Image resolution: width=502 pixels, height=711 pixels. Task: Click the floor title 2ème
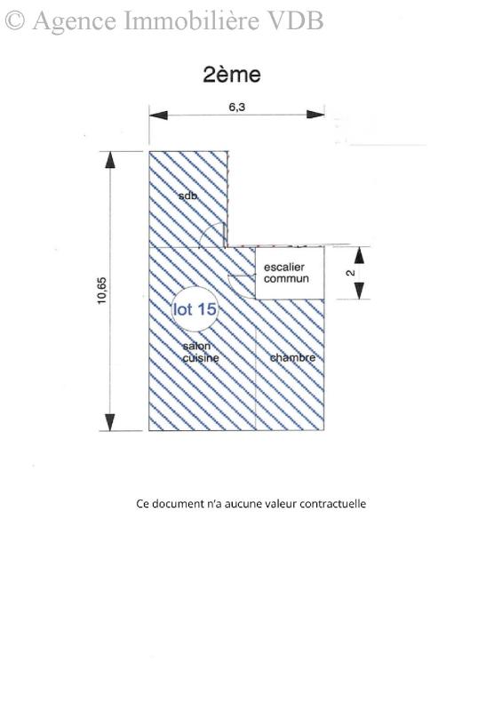[232, 75]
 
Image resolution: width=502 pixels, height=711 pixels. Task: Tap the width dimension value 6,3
[236, 108]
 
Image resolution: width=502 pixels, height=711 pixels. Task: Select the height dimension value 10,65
[102, 291]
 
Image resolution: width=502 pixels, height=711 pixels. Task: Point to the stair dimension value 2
[350, 273]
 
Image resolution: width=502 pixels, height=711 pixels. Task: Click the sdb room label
[187, 196]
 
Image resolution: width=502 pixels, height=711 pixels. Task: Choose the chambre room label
[292, 358]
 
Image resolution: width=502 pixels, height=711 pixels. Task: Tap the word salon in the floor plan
[197, 347]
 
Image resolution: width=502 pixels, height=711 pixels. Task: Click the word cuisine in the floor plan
[201, 358]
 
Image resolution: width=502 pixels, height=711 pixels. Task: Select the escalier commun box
[290, 273]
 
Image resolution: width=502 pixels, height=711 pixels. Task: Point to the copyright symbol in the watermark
[14, 20]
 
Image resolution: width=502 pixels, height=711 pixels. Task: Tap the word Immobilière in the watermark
[192, 20]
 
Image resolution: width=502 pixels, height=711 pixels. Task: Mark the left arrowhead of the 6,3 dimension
[158, 116]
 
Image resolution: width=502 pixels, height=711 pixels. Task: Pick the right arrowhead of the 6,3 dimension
[315, 115]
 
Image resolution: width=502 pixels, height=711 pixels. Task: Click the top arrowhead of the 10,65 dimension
[110, 160]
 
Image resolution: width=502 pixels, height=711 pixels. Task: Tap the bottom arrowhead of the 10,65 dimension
[110, 422]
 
